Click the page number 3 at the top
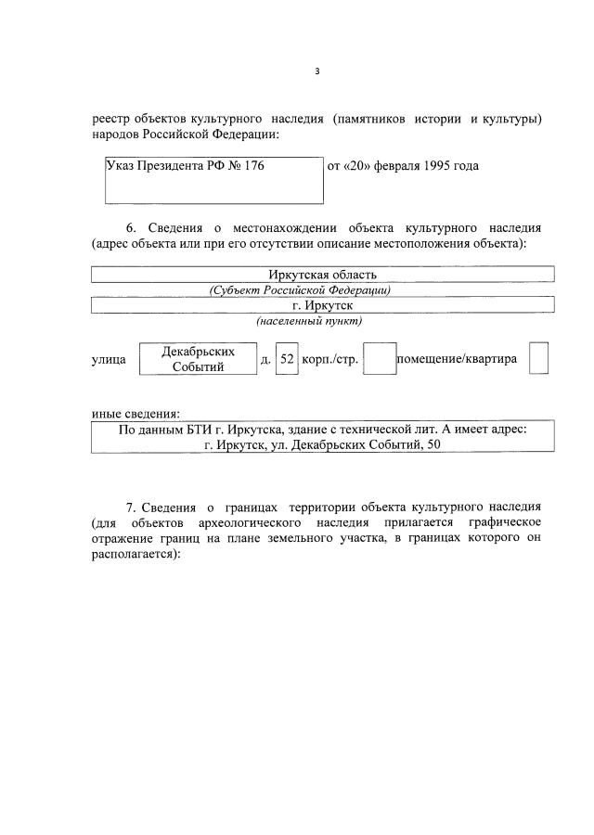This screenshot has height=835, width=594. (x=316, y=71)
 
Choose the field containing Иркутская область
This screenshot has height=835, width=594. (x=322, y=275)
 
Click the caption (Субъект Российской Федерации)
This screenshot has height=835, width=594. (x=300, y=289)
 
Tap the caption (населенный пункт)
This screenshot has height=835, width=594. (x=309, y=321)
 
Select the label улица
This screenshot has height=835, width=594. (x=109, y=359)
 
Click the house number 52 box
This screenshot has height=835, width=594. (x=287, y=359)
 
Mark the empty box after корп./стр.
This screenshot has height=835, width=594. (x=379, y=359)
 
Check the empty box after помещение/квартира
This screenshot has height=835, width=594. (x=538, y=359)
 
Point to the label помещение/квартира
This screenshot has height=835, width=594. (x=457, y=359)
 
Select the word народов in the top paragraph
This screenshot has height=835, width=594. (x=117, y=135)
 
